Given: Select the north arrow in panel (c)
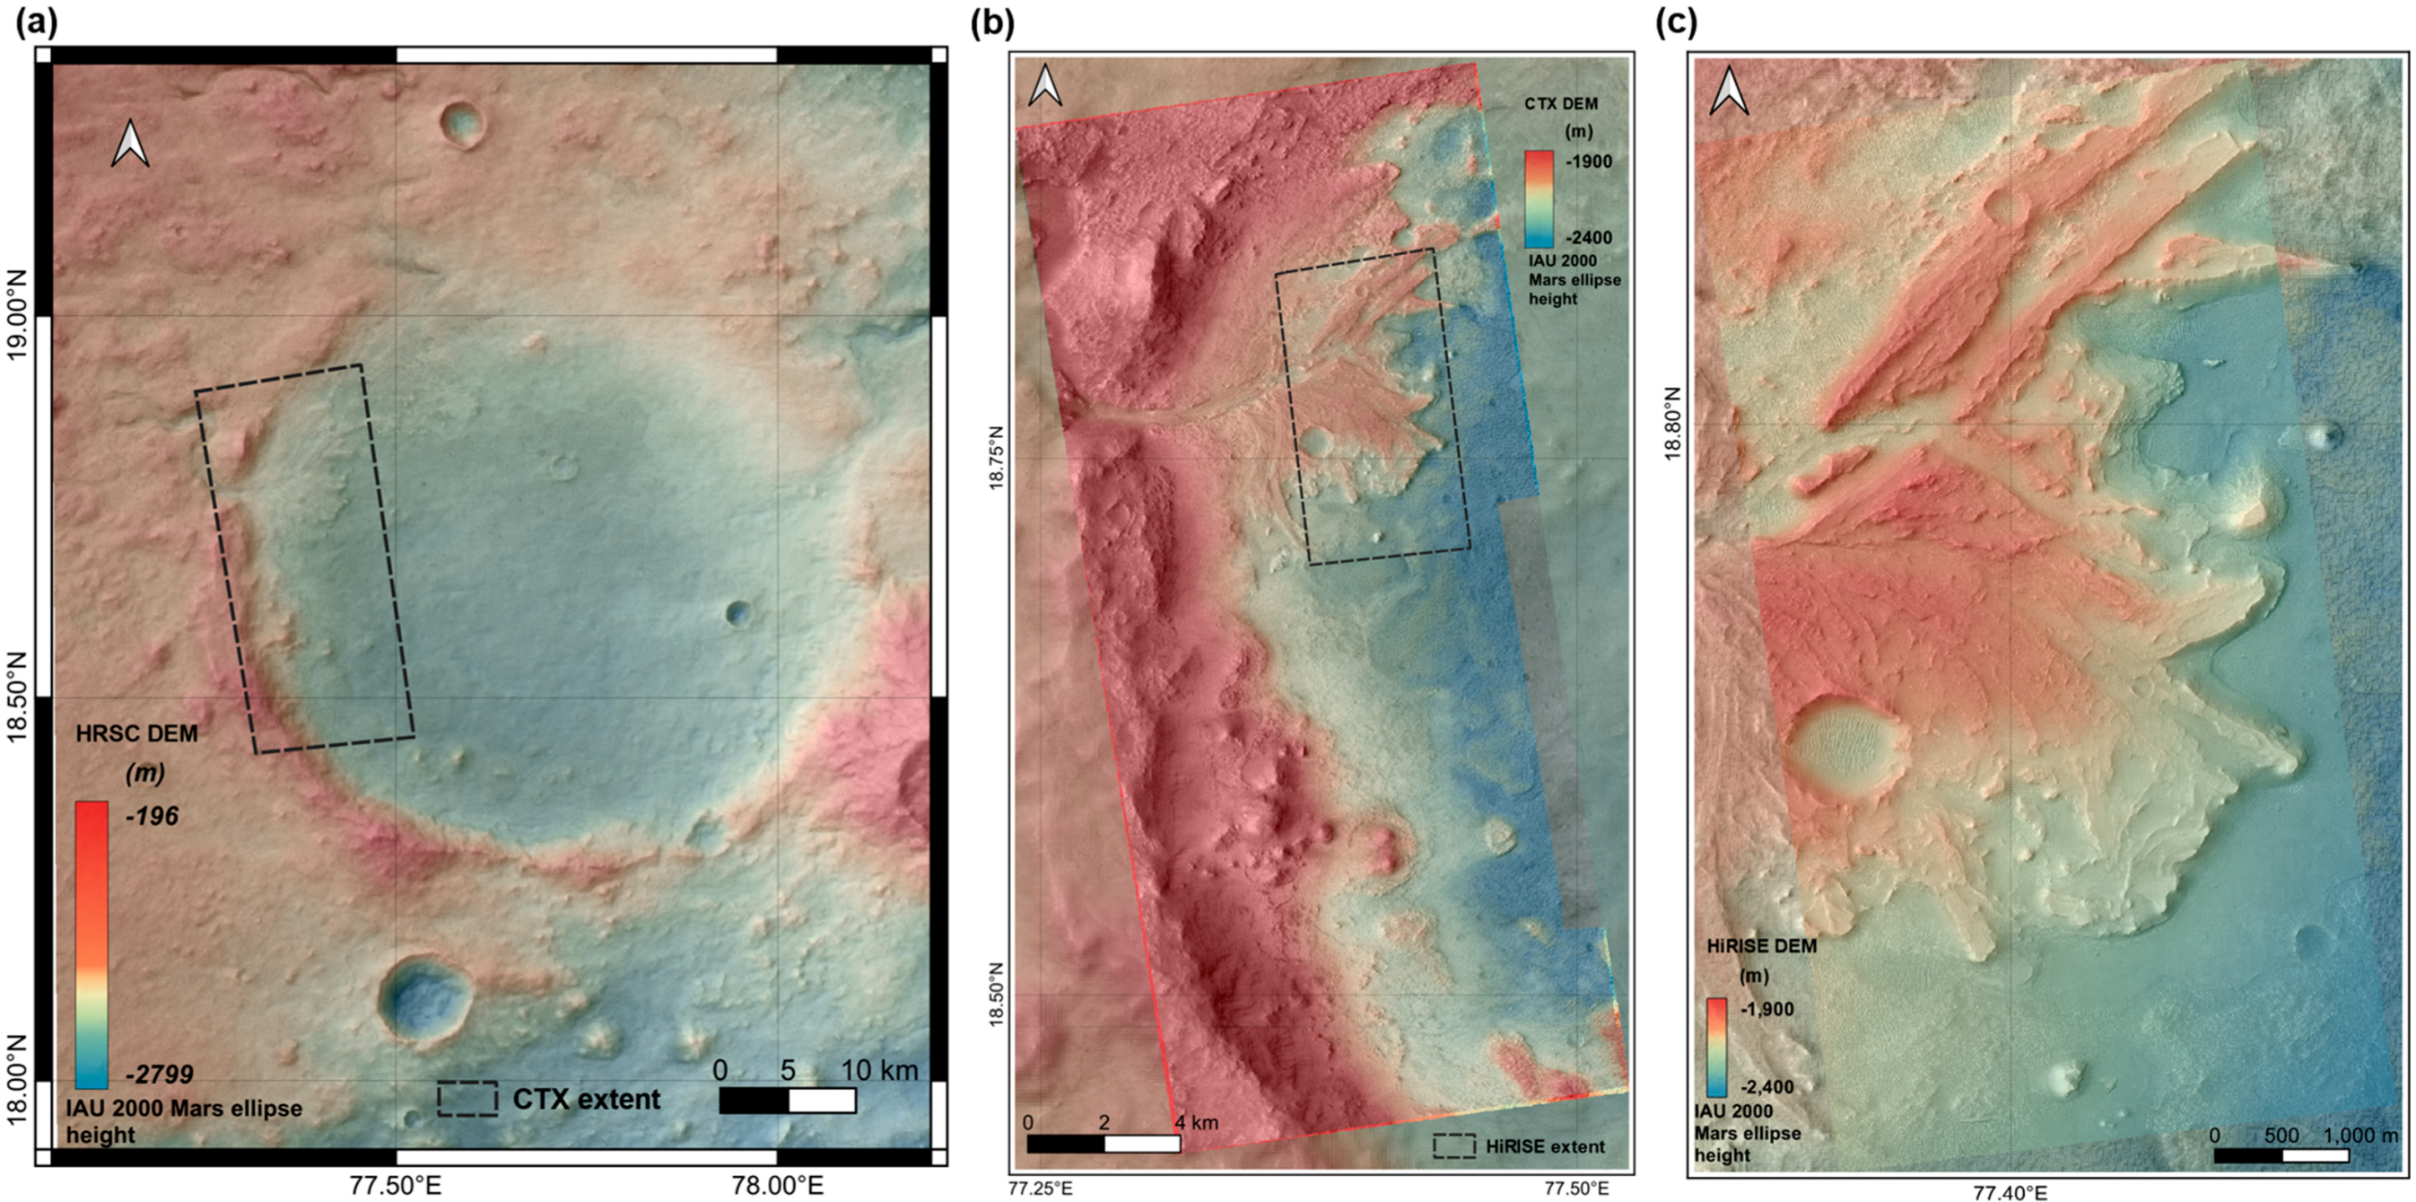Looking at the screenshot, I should coord(1729,92).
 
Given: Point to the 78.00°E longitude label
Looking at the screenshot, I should coord(778,1185).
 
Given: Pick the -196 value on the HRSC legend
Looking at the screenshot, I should coord(151,816).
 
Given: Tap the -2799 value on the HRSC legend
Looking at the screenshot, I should coord(159,1074).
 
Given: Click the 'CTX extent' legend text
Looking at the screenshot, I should coord(586,1099).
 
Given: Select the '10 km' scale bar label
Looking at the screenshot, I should coord(880,1071).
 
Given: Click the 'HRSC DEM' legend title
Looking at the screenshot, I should coord(137,733).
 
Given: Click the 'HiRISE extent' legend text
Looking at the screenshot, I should coord(1545,1145).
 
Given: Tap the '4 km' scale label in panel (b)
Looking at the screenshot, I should coord(1196,1122).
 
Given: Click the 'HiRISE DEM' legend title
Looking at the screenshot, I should coord(1761,946).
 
